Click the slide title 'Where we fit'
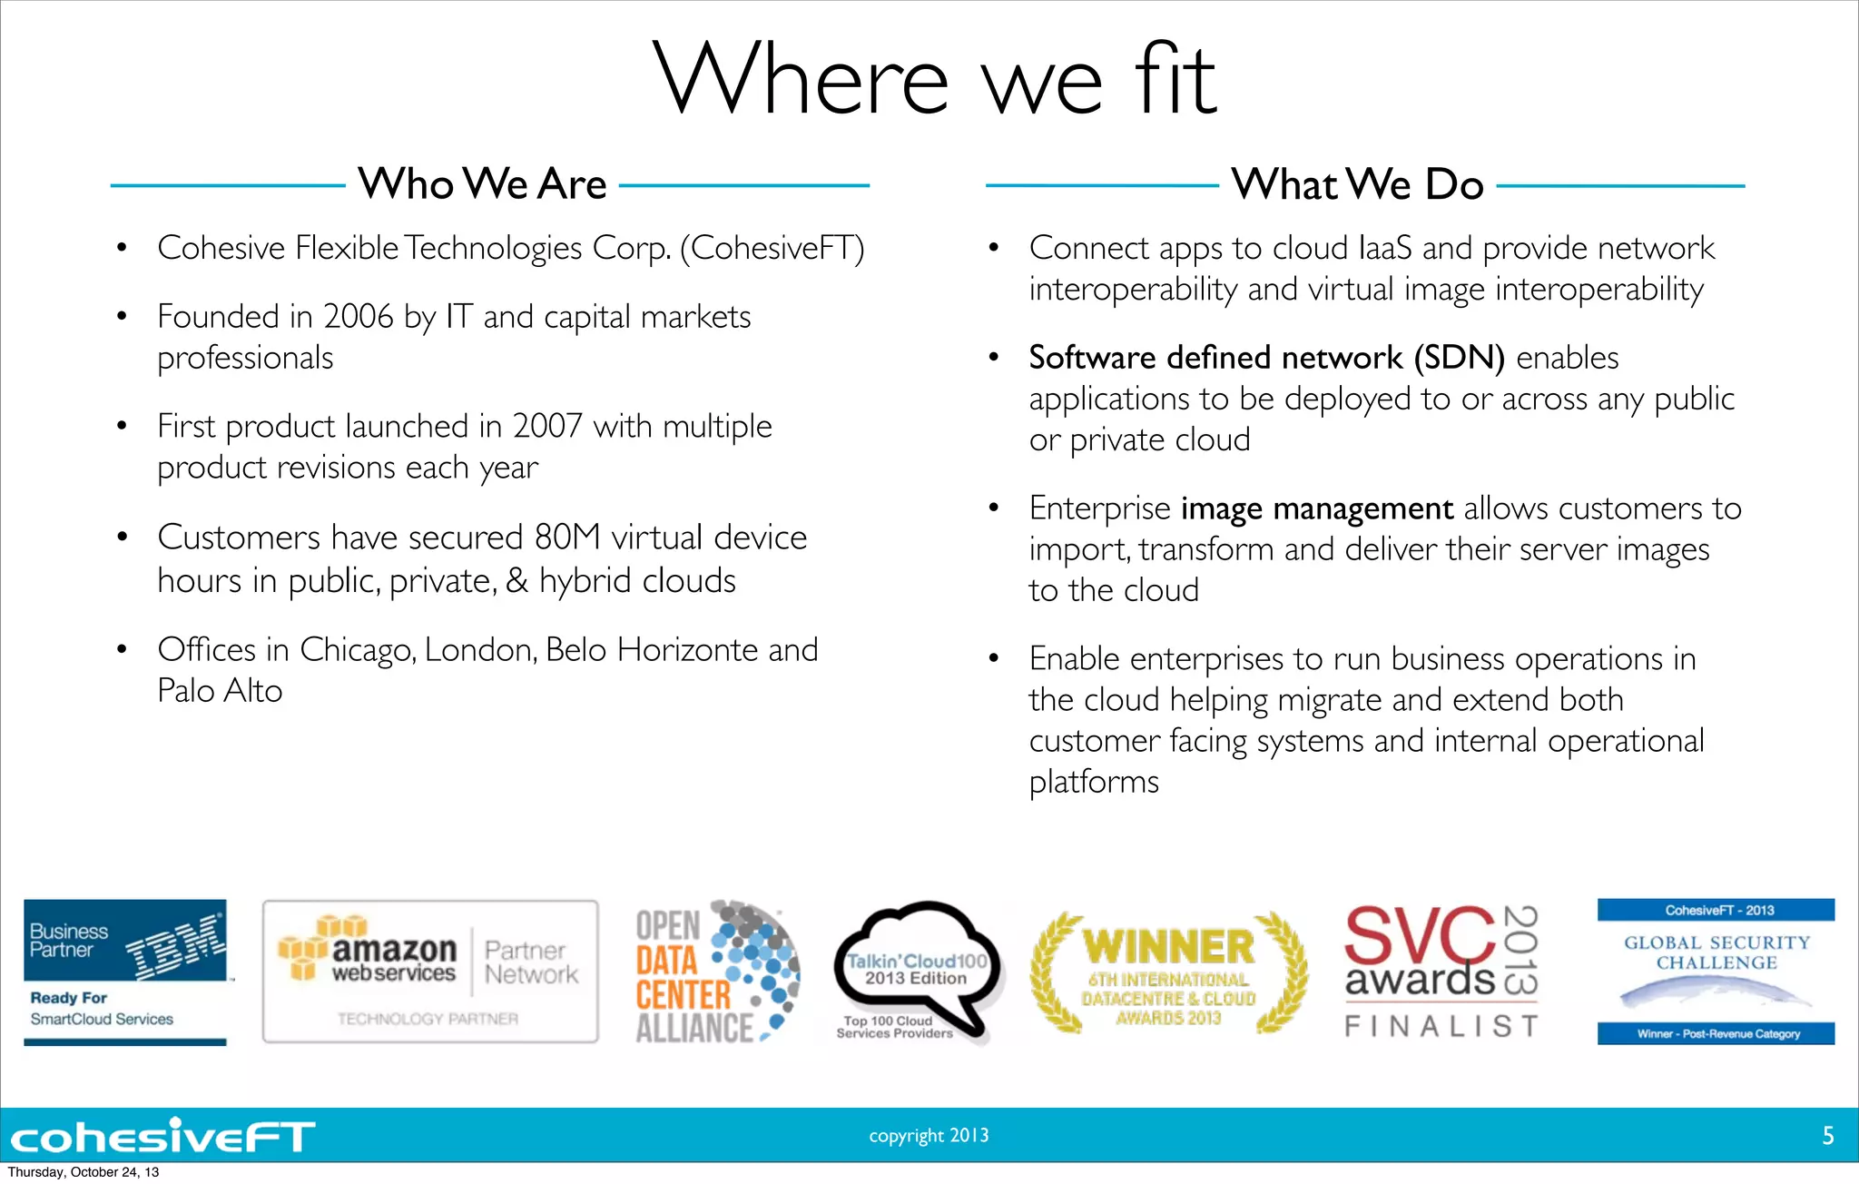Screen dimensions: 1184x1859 click(934, 80)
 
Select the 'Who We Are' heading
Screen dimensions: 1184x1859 click(482, 184)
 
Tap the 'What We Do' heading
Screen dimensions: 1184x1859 click(1357, 184)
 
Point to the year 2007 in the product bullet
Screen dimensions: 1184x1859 click(546, 426)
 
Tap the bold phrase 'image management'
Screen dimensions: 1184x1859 click(1316, 508)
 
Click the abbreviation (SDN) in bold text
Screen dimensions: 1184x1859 click(1459, 358)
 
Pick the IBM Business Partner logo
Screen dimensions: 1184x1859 click(125, 972)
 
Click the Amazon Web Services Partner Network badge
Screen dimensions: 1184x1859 click(430, 972)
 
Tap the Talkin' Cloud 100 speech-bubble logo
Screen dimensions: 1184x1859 click(917, 972)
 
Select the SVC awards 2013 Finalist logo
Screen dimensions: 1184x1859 click(1441, 972)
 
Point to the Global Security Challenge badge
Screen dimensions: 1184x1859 click(1716, 972)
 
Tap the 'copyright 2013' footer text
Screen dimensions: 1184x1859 click(929, 1135)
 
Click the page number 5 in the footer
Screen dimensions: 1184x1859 click(1828, 1135)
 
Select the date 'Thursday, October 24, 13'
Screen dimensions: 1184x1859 click(84, 1172)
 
